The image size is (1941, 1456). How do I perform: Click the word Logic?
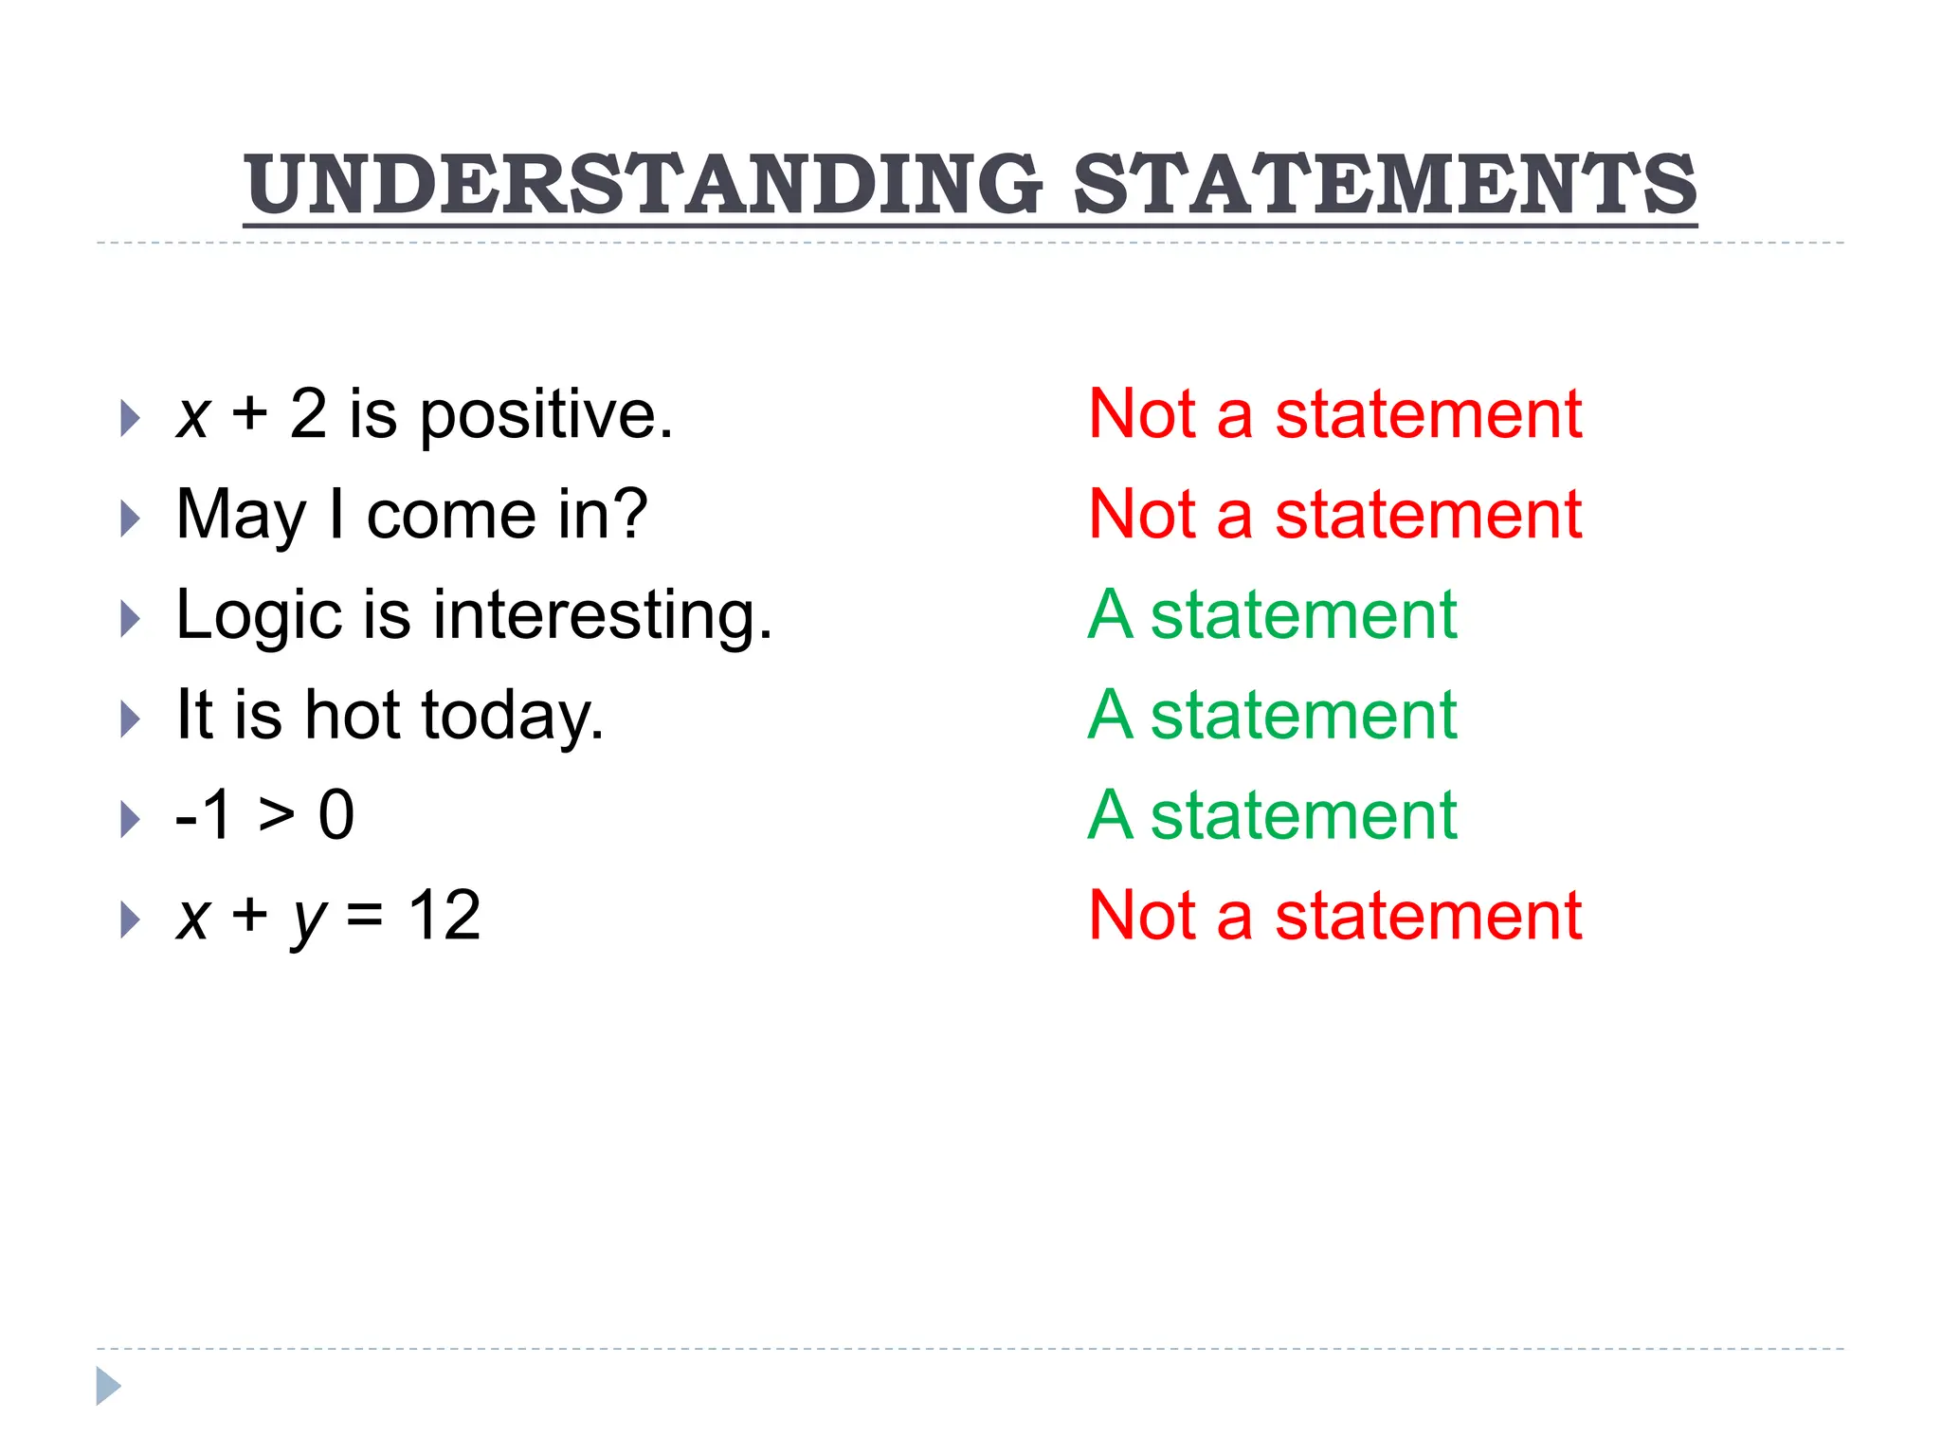point(259,616)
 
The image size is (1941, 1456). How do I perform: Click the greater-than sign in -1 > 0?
point(277,815)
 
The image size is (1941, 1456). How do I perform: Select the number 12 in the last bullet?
point(444,916)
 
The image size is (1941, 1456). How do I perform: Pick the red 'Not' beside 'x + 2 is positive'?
point(1142,414)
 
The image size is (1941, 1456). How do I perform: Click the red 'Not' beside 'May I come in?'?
point(1142,515)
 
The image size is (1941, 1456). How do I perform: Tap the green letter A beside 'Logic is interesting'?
point(1110,615)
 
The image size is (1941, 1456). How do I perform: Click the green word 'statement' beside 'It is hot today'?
point(1303,715)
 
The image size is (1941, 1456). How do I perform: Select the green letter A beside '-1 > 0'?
point(1110,815)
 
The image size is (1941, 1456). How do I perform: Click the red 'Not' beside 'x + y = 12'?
point(1142,916)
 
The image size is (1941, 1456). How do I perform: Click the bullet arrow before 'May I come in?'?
point(131,519)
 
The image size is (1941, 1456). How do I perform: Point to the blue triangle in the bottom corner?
point(108,1386)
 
